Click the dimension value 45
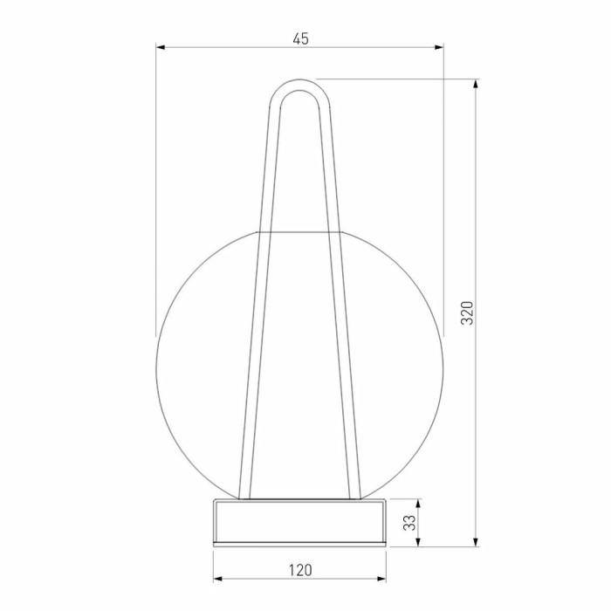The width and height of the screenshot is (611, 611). coord(300,39)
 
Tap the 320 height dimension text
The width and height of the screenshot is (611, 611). coord(467,312)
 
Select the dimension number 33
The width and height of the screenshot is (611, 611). coord(409,523)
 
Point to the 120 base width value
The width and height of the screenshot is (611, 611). coord(300,570)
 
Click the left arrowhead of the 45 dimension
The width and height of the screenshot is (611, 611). coord(161,47)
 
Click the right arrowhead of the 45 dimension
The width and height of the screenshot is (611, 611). coord(439,47)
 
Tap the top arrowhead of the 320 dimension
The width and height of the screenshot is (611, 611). coord(476,84)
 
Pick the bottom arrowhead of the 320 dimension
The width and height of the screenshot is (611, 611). coord(476,542)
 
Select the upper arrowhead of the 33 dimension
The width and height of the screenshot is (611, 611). coord(418,504)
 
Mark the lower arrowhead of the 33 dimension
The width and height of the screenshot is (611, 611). coord(418,542)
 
